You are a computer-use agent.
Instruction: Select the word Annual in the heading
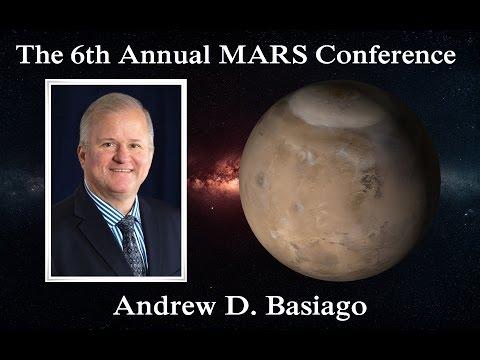(x=188, y=55)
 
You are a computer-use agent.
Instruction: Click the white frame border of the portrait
(x=49, y=180)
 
